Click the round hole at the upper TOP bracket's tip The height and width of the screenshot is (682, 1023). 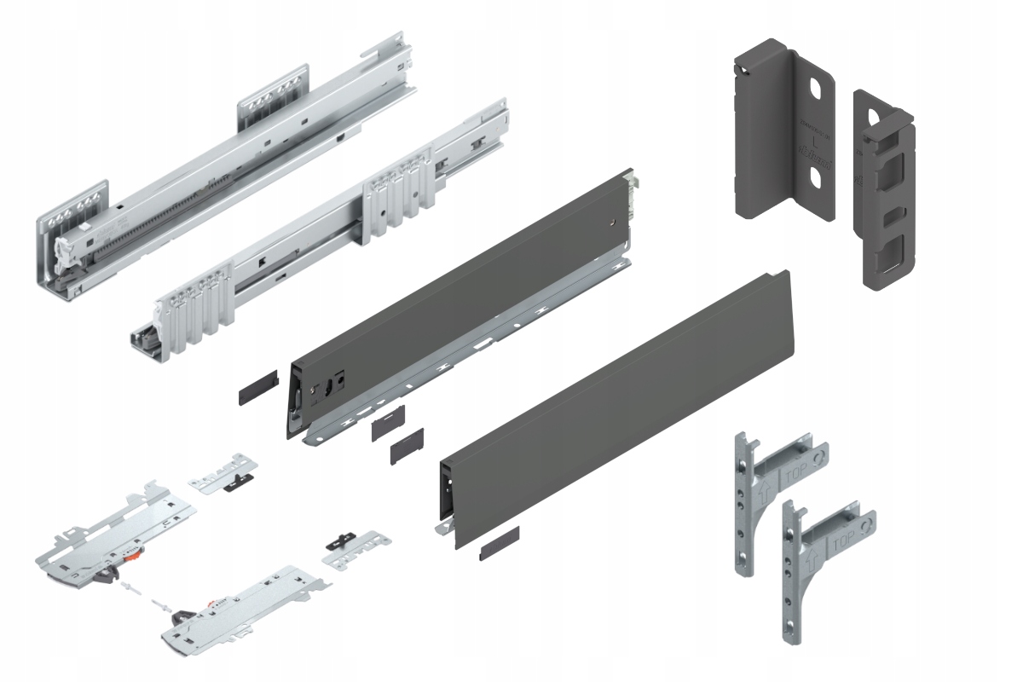(819, 459)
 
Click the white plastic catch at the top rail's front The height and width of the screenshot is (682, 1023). (64, 251)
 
